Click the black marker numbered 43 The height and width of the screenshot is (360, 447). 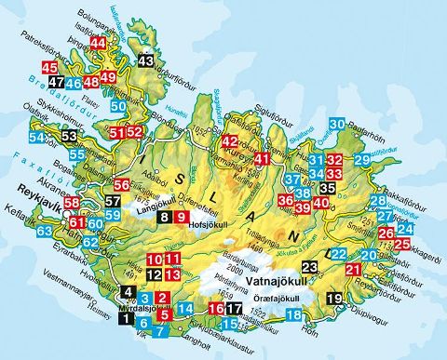145,60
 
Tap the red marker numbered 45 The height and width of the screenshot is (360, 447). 49,68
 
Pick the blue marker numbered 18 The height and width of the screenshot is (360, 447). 293,315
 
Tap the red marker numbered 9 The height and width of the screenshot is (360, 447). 182,218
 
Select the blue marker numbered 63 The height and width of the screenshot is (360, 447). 45,231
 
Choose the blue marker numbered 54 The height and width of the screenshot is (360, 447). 36,139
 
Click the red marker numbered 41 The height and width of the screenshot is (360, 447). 262,159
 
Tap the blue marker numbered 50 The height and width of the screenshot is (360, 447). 117,106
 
